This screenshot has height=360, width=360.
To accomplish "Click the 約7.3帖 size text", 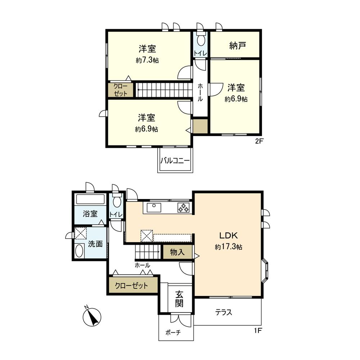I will (147, 60).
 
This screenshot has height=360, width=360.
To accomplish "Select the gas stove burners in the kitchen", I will (183, 208).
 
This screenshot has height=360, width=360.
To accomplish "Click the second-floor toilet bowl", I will (201, 40).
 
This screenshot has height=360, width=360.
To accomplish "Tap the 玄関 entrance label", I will (179, 299).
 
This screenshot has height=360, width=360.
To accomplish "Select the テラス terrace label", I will (224, 312).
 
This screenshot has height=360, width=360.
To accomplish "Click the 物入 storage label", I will (177, 252).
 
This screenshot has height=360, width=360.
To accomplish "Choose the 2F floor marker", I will (260, 141).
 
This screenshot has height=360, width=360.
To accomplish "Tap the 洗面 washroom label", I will (96, 244).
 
